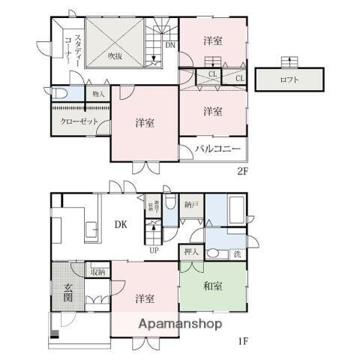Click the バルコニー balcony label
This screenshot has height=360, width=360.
click(x=217, y=148)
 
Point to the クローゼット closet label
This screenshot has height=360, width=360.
click(x=77, y=122)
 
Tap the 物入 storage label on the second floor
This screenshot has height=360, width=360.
click(x=98, y=94)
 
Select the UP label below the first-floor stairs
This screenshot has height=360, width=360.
click(x=154, y=250)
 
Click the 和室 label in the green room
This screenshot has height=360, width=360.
click(x=212, y=286)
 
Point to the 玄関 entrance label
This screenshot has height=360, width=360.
click(x=67, y=289)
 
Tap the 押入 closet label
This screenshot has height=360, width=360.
click(x=190, y=253)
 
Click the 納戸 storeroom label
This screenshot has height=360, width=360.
click(x=191, y=204)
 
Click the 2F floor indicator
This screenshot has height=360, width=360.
click(x=242, y=171)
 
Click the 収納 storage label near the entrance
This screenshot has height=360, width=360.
click(x=97, y=271)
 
